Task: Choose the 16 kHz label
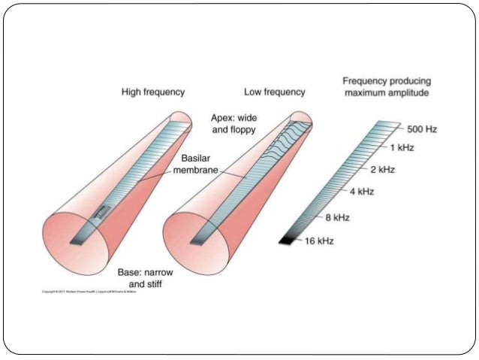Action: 321,241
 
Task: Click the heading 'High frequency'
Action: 153,92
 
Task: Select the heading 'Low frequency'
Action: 275,92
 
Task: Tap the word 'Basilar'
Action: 198,159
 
